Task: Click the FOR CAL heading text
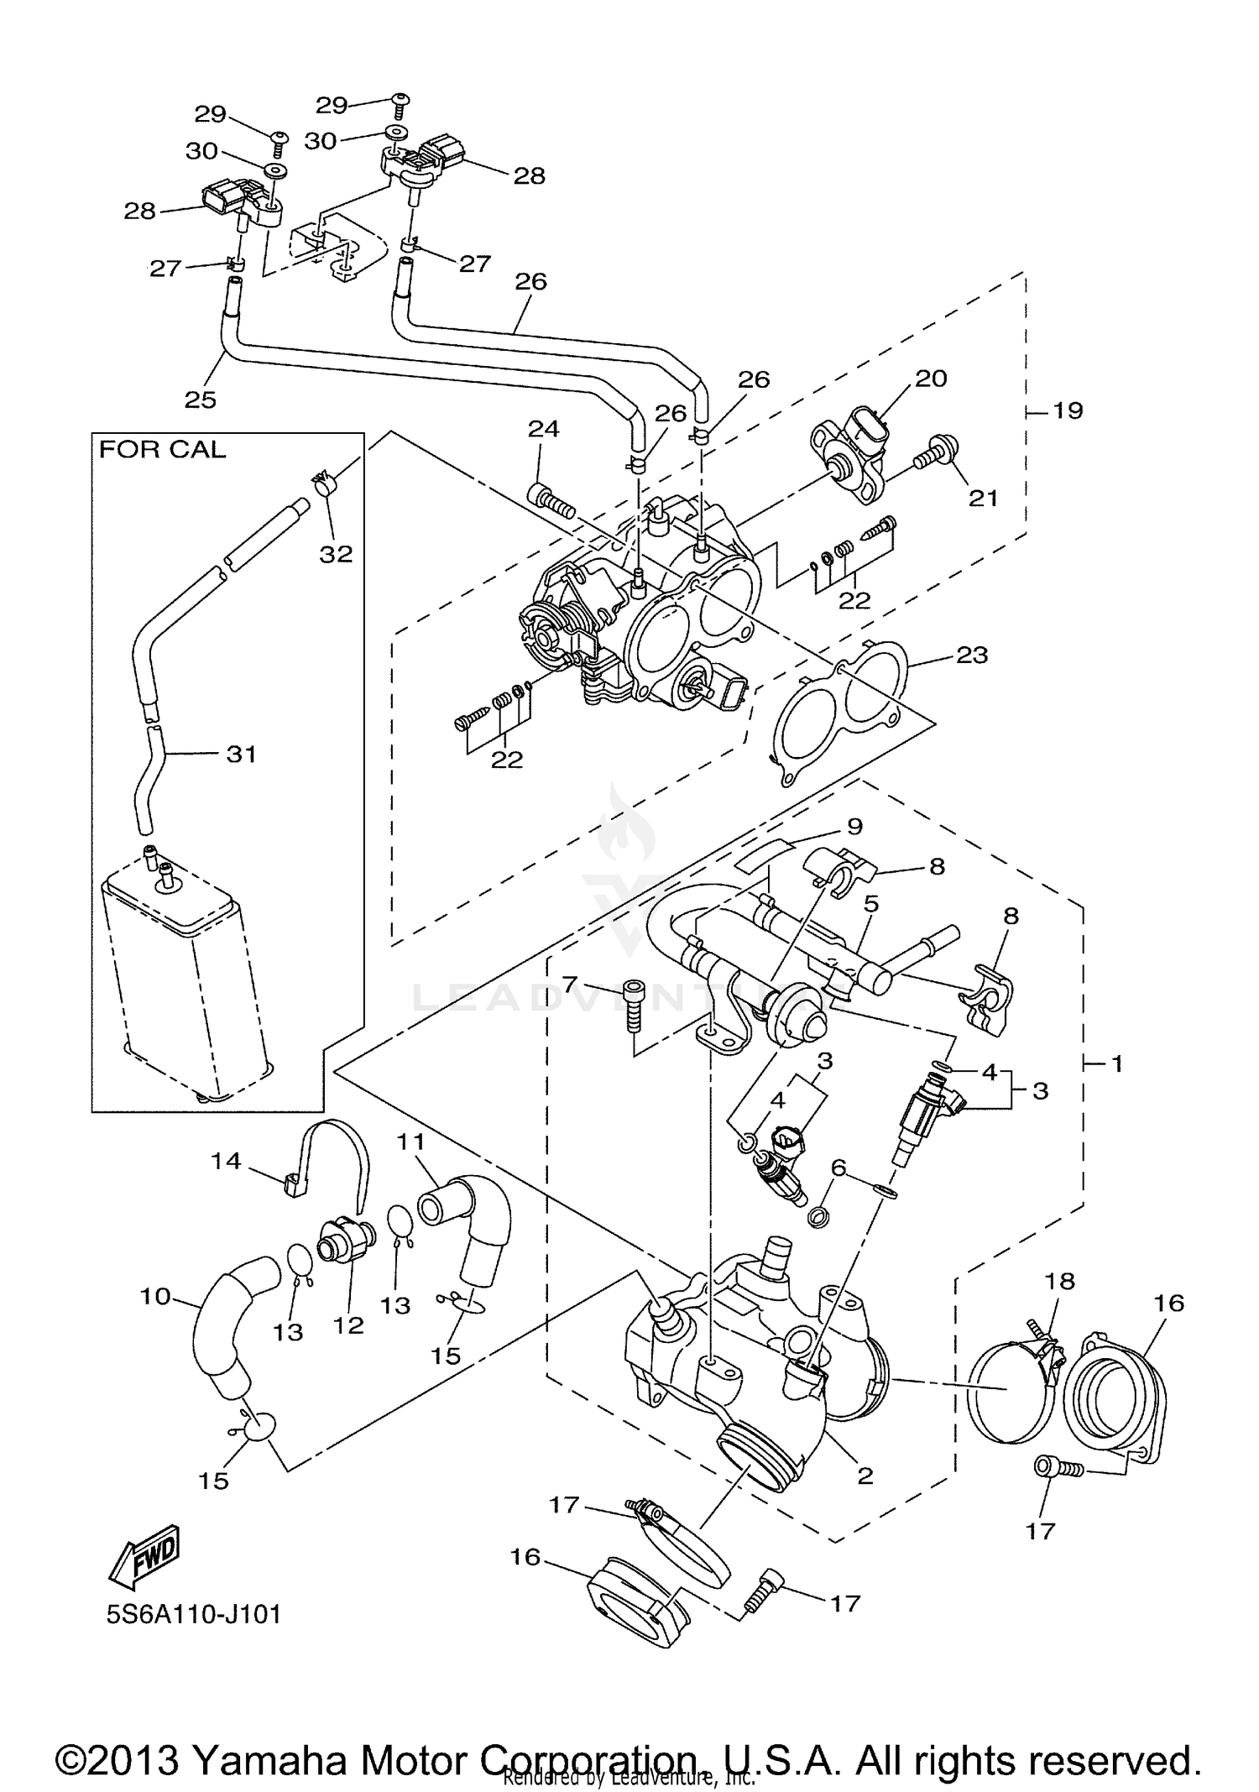point(162,450)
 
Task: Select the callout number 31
point(241,754)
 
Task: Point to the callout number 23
point(972,654)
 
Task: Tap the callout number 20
point(930,379)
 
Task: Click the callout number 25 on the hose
point(201,400)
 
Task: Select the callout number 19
point(1068,410)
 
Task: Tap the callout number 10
point(155,1297)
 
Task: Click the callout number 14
point(227,1161)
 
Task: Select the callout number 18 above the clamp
point(1060,1282)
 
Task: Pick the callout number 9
point(854,827)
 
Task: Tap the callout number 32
point(336,554)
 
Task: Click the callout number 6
point(838,1168)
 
